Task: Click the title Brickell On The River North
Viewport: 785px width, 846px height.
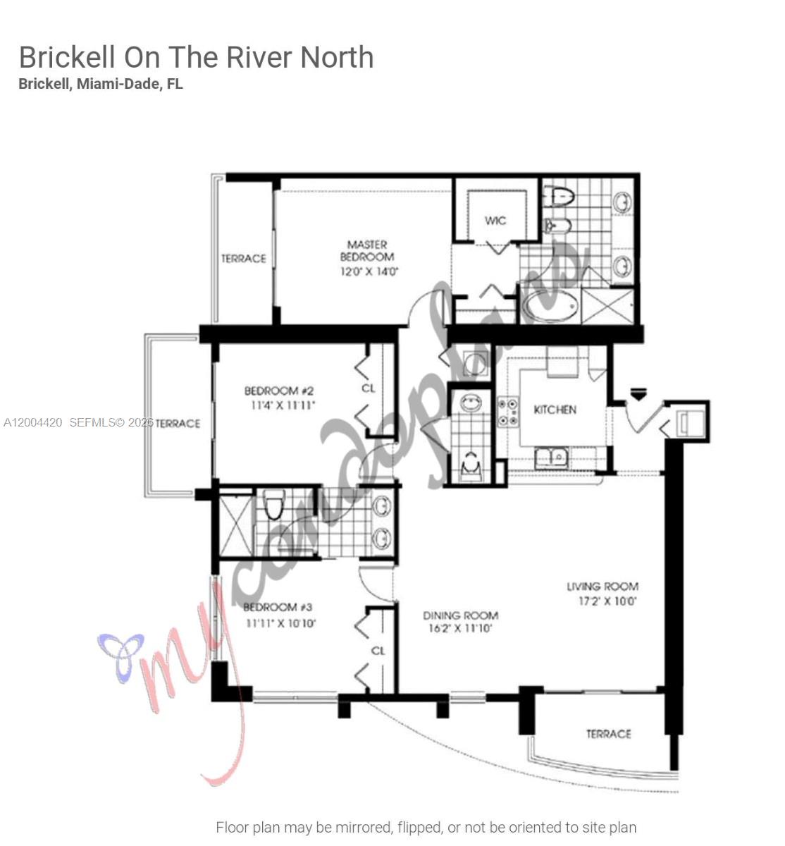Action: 196,58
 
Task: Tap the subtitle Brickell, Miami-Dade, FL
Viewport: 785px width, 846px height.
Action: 100,84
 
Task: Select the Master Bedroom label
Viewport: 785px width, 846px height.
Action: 367,251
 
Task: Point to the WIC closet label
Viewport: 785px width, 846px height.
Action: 495,221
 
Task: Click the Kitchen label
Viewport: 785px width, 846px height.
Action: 555,410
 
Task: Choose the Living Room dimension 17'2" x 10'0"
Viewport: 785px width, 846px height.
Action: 607,601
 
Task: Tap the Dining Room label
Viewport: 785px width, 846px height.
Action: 460,615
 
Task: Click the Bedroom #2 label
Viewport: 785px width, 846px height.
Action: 278,391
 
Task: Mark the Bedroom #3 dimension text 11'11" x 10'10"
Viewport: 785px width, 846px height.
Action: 280,623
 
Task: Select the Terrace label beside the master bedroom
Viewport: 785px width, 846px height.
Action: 244,259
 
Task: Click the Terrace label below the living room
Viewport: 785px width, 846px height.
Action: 608,734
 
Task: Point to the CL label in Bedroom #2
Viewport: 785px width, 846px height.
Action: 369,388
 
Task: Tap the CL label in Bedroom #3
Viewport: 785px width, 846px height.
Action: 378,651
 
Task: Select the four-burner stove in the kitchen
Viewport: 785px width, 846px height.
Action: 508,412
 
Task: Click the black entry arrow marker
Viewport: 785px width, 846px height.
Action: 638,395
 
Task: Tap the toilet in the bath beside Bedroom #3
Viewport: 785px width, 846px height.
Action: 273,505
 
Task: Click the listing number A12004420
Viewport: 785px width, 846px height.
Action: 32,423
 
